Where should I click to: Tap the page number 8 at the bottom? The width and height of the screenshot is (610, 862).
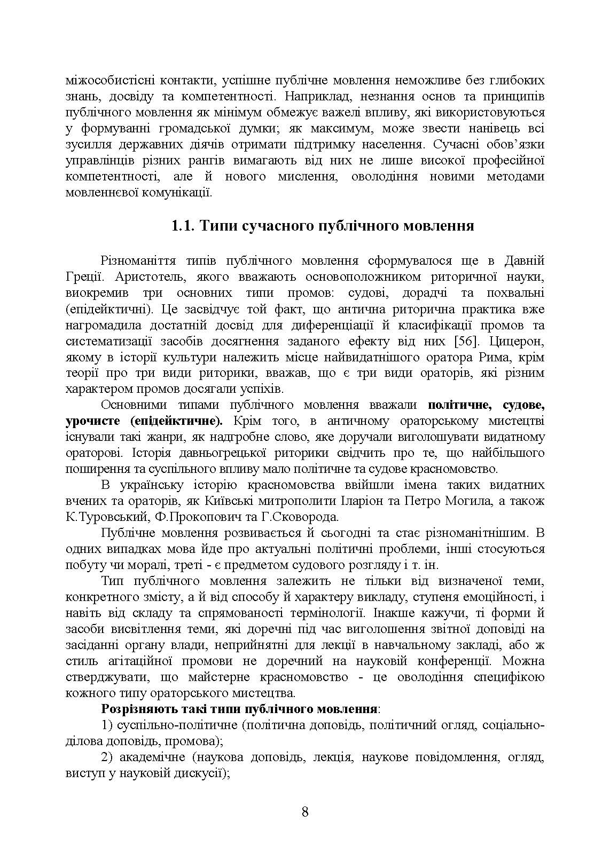click(x=305, y=812)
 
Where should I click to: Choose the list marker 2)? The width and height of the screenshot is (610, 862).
click(x=107, y=757)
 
